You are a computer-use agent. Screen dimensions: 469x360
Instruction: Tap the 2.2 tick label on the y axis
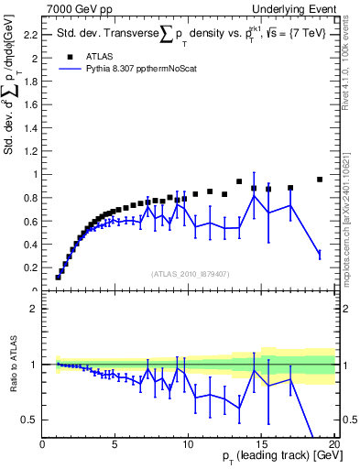tap(28, 35)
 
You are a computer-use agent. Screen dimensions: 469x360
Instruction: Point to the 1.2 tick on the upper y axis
tap(28, 150)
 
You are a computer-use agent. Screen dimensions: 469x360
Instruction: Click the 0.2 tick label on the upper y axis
tap(28, 267)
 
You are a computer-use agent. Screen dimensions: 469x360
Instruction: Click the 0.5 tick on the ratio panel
tap(28, 420)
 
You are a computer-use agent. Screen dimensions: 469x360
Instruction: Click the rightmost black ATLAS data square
tap(320, 180)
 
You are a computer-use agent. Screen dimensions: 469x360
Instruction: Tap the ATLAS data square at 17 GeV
tap(290, 188)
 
